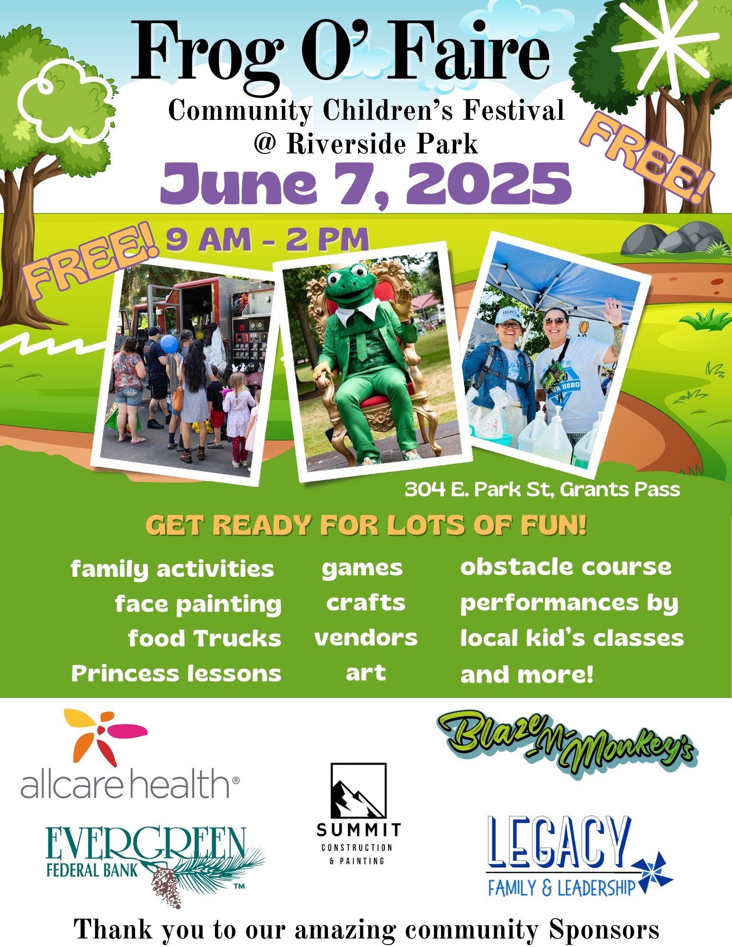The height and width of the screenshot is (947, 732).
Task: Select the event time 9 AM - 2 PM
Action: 267,239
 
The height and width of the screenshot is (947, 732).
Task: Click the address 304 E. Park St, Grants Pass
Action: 542,489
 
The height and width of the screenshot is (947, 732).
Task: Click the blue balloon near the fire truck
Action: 169,344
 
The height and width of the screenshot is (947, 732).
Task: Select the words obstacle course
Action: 566,567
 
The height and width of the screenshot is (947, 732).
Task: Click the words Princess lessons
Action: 176,673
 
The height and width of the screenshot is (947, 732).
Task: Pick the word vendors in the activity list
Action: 366,638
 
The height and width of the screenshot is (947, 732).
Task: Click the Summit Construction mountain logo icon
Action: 358,791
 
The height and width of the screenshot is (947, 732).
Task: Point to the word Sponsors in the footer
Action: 604,929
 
